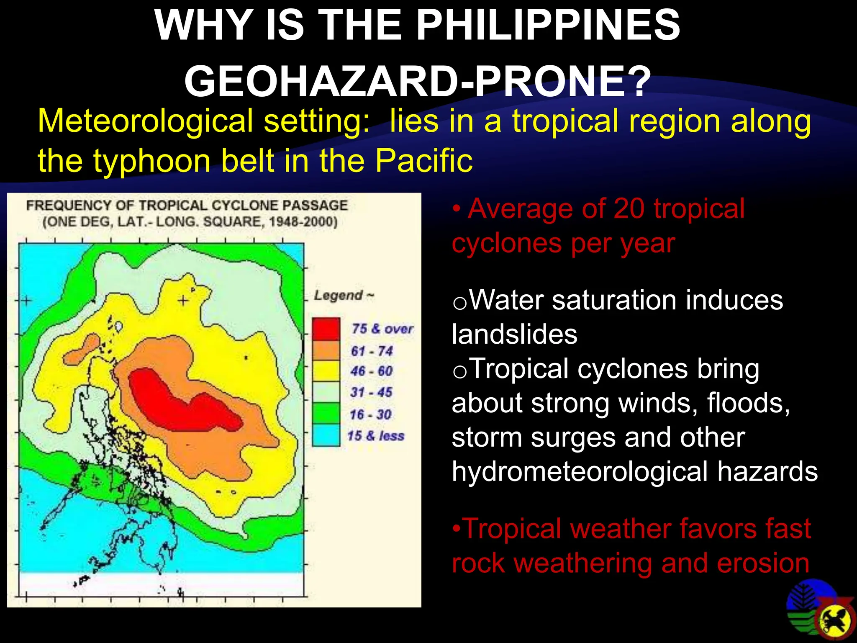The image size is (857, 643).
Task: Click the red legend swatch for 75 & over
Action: click(326, 329)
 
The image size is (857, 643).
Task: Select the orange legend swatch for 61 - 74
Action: click(326, 350)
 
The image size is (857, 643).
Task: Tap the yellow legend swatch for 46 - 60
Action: click(326, 371)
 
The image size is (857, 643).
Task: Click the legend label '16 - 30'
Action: click(371, 414)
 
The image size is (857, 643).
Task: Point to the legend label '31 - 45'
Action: click(371, 392)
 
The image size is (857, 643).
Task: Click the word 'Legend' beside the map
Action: click(339, 295)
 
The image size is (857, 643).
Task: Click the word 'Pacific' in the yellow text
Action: click(423, 160)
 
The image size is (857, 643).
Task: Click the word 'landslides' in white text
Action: click(515, 335)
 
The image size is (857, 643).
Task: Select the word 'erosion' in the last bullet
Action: click(763, 563)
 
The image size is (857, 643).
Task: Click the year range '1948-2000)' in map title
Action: click(303, 221)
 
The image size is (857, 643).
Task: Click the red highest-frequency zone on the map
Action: click(176, 398)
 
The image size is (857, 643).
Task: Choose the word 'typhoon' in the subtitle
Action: click(151, 160)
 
